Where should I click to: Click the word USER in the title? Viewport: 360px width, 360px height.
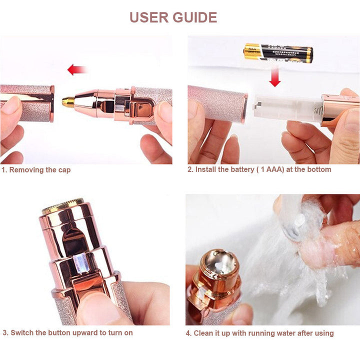(x=149, y=17)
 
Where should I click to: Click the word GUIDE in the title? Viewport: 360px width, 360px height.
(x=194, y=17)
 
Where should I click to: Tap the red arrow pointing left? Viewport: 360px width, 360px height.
(x=77, y=69)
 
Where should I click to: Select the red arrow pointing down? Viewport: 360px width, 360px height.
(x=274, y=77)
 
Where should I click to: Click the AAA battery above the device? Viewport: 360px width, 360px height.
(x=278, y=52)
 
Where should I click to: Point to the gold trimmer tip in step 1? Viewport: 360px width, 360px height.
(x=68, y=102)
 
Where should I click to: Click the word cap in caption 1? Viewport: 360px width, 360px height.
(x=63, y=170)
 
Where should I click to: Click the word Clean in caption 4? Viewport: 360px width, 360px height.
(x=205, y=333)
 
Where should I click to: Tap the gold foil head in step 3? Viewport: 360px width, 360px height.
(x=62, y=204)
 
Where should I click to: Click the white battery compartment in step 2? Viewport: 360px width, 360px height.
(x=285, y=106)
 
